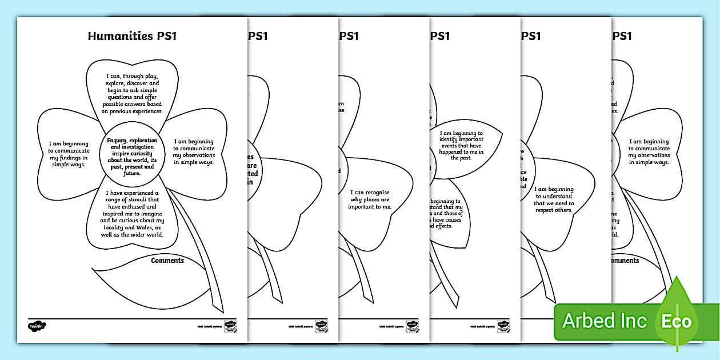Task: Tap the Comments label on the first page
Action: [x=167, y=261]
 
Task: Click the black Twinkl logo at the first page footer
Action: [x=37, y=326]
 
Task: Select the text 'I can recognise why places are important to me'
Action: [x=370, y=199]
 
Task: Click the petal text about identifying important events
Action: [x=462, y=145]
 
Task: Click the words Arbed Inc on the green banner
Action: [x=605, y=321]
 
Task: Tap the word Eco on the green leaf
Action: [x=677, y=321]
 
